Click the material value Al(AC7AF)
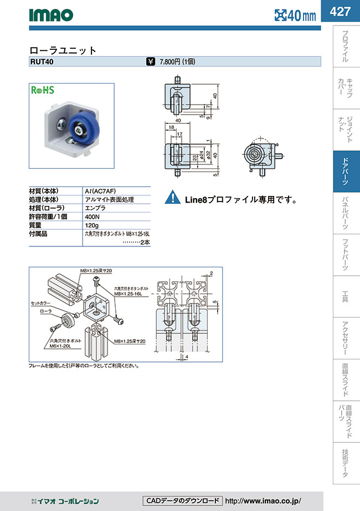coord(100,190)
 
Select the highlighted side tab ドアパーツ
coord(346,172)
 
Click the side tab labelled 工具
coord(346,297)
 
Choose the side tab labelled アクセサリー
coord(346,338)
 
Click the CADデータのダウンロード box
coord(182,501)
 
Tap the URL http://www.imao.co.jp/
coord(271,501)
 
